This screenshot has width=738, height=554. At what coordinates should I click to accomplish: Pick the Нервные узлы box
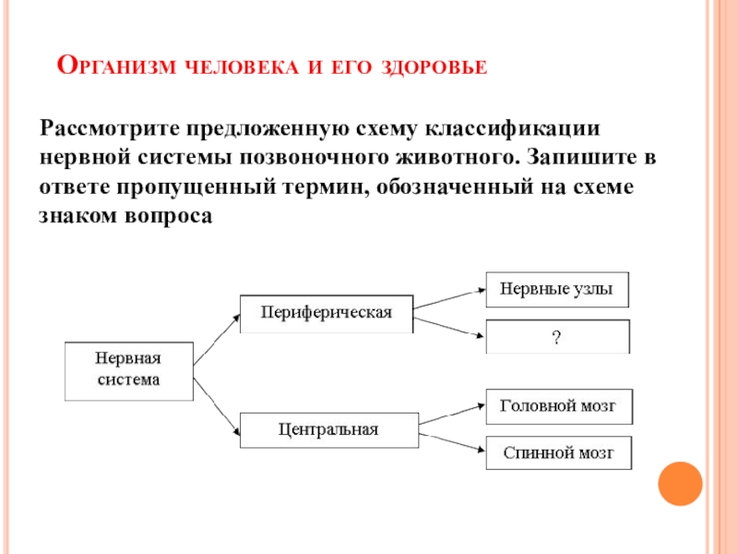coord(556,288)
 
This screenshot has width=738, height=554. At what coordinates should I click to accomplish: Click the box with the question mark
coord(556,337)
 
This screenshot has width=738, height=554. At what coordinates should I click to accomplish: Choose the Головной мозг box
coord(557,405)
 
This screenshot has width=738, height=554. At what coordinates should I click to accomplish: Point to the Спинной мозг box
coord(557,453)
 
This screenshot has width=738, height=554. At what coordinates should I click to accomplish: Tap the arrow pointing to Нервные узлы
coord(449,295)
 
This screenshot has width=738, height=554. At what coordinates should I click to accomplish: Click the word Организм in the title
coord(119,66)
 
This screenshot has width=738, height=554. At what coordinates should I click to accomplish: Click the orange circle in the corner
coord(681,483)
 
